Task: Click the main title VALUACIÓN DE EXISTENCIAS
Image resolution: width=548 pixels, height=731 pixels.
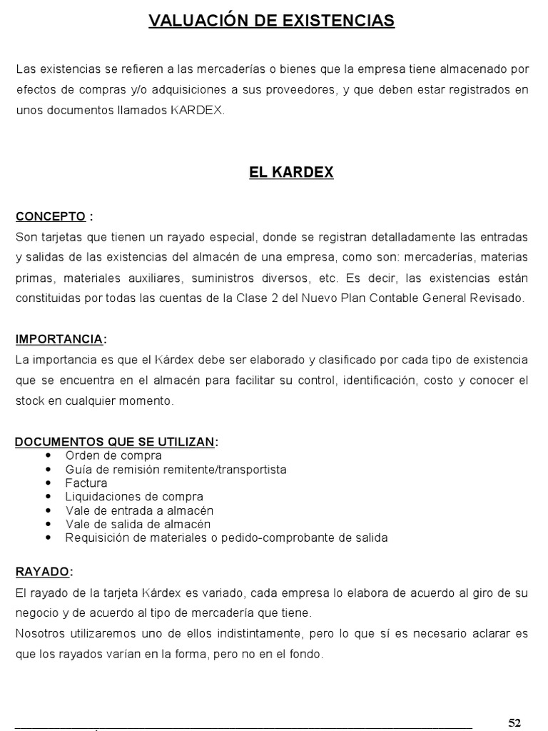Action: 271,21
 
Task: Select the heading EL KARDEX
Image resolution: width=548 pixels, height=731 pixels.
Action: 291,173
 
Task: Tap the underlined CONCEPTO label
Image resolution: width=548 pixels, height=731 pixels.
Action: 51,216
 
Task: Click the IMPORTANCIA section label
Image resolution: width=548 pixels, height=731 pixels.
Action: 59,338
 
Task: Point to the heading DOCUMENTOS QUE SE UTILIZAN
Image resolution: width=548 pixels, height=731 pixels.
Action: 115,442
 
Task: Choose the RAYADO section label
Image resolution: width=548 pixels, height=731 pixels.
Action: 42,572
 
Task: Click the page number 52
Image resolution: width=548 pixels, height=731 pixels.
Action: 514,722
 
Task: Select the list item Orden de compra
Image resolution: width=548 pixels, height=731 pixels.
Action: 113,455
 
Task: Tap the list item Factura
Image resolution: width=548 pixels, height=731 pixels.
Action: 86,483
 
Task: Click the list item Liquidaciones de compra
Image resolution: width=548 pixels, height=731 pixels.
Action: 134,497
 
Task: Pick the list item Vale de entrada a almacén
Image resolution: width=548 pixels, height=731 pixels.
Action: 139,510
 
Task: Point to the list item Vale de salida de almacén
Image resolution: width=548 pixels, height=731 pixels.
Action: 138,524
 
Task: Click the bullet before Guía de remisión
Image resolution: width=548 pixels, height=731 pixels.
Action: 49,469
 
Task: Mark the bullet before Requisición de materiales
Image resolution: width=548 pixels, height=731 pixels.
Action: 49,538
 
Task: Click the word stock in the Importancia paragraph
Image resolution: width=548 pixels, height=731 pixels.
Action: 30,401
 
